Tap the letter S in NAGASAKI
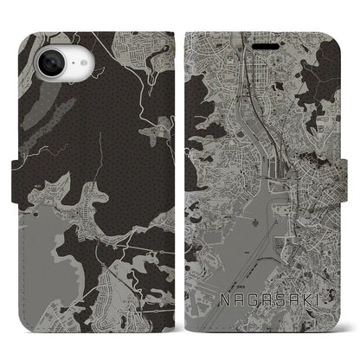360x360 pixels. click(278, 299)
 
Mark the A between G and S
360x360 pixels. click(264, 299)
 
